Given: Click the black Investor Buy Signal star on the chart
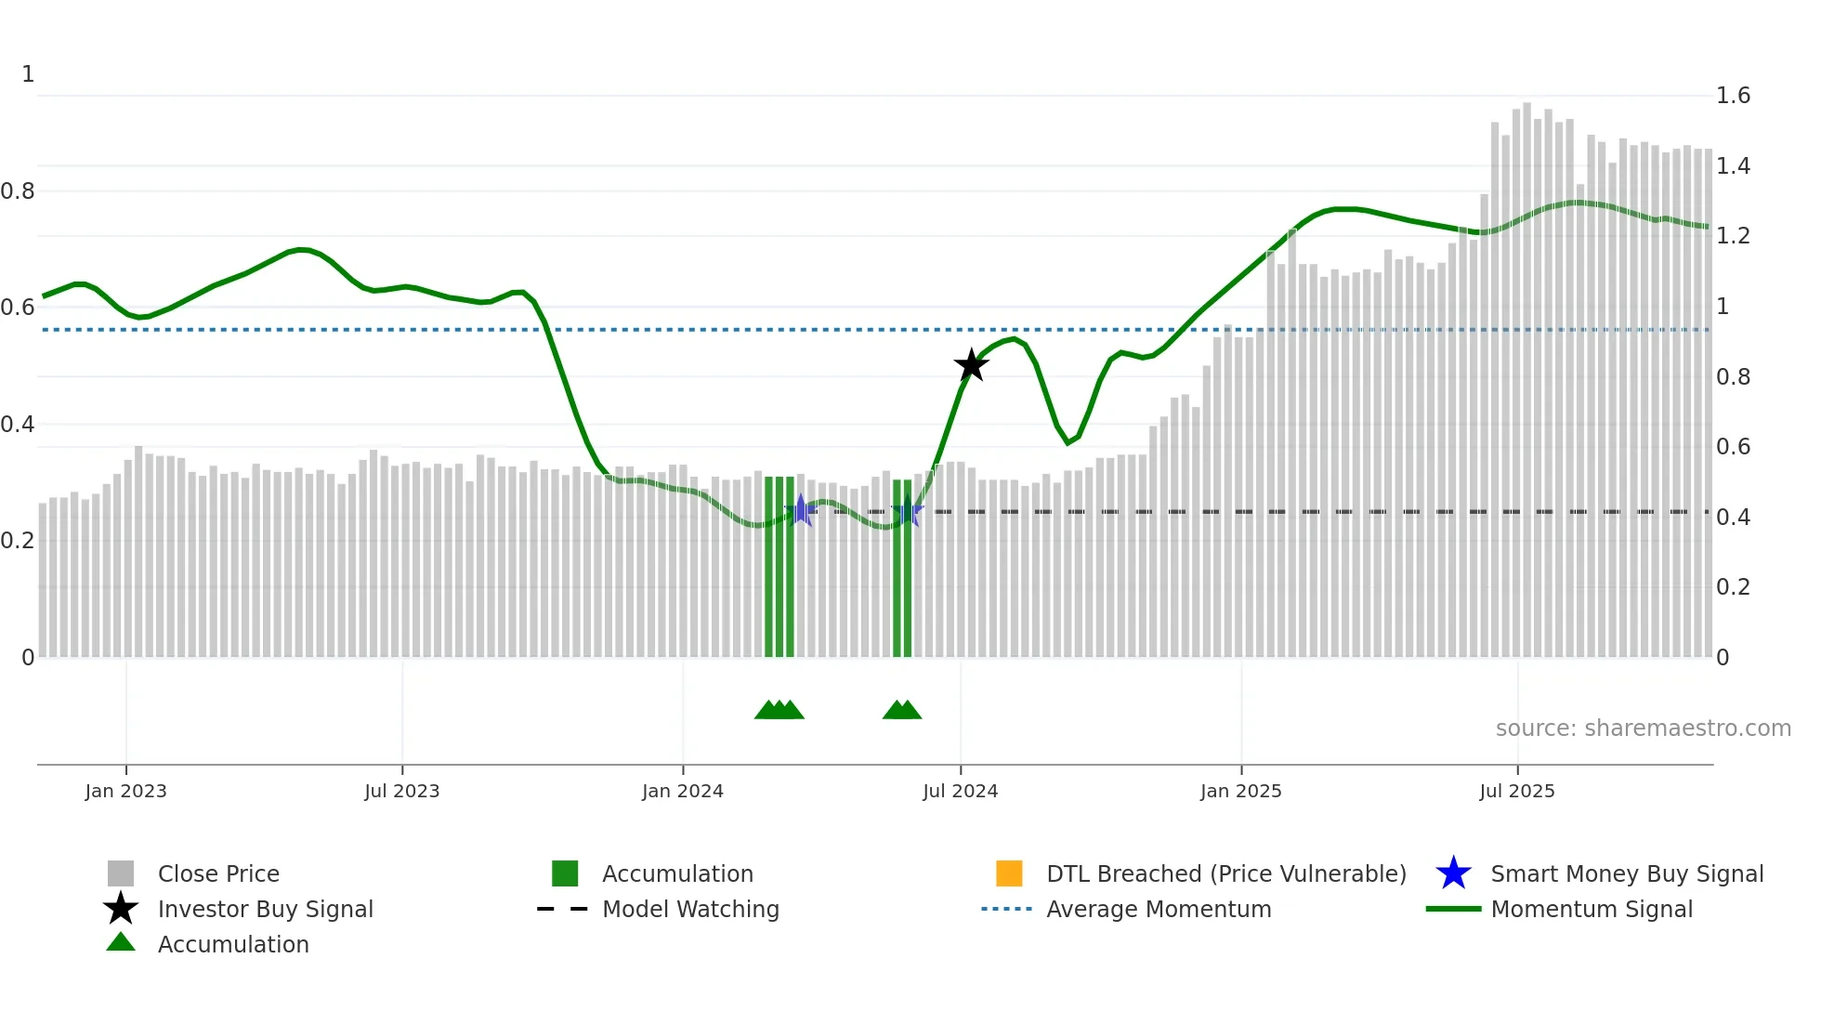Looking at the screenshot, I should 971,365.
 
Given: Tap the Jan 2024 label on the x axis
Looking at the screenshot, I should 682,792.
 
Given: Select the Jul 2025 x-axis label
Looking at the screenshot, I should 1516,792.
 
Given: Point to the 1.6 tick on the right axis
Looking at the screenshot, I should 1733,96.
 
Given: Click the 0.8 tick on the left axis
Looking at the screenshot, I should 18,191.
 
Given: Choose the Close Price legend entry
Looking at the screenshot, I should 218,874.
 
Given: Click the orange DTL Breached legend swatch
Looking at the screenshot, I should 1009,873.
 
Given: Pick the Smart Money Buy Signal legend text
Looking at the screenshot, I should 1627,874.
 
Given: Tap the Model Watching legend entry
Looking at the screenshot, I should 690,910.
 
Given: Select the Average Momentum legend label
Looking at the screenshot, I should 1159,910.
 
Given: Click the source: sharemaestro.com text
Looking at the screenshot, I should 1643,729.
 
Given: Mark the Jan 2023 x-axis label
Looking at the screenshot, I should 125,792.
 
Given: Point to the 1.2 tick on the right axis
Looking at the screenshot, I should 1733,236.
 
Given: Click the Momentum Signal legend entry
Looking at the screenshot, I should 1592,910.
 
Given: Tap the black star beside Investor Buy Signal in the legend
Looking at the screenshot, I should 121,909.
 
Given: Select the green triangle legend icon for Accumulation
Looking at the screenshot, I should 121,942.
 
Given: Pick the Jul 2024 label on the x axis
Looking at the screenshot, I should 960,792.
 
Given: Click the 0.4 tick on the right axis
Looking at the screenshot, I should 1733,518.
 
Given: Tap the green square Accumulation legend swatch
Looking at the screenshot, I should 565,873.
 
